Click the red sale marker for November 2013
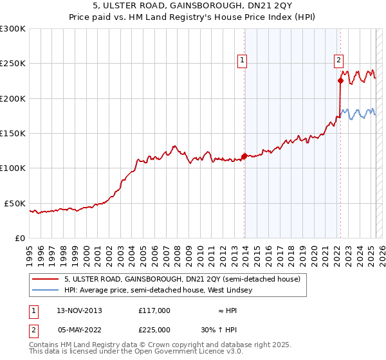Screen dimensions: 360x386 244,156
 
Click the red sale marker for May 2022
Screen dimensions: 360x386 340,80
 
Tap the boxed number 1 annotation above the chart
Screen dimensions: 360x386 242,61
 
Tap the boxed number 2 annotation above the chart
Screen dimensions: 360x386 338,61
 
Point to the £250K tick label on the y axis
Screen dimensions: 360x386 12,64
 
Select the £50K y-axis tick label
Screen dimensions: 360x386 14,203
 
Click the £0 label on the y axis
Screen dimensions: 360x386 19,238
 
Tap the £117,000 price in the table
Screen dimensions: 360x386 154,310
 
